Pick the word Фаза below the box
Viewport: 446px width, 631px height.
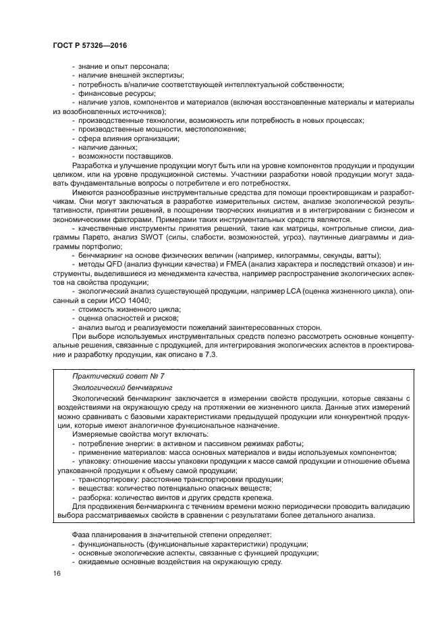[x=82, y=534]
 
